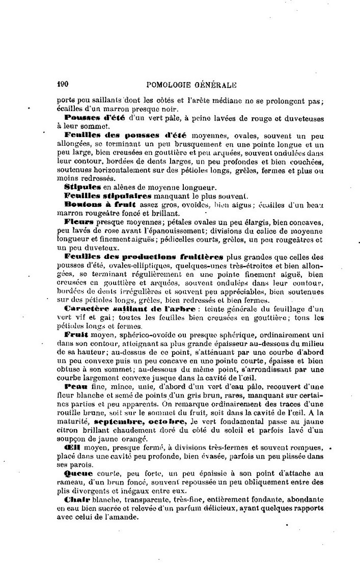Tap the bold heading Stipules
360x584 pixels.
pyautogui.click(x=80, y=187)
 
